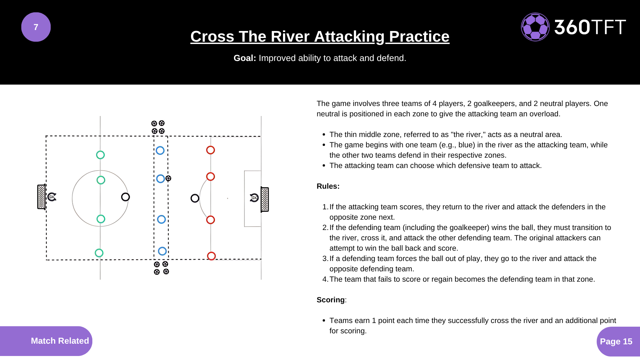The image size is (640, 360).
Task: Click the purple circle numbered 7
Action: (36, 27)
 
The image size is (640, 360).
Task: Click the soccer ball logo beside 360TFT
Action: (535, 27)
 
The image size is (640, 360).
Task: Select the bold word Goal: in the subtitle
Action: (245, 58)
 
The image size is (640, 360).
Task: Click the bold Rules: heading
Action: (328, 186)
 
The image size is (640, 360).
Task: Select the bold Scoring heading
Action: (330, 300)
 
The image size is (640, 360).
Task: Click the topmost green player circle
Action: (100, 155)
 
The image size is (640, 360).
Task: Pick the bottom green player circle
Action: (99, 253)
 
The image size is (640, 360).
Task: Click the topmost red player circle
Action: (210, 150)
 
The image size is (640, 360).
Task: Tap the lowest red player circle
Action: (211, 256)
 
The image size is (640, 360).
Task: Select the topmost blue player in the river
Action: (160, 150)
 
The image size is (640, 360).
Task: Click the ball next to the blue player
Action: (168, 179)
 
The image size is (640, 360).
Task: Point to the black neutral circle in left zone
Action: (125, 197)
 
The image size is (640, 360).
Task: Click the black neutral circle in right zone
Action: (195, 198)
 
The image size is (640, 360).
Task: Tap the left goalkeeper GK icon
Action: (52, 197)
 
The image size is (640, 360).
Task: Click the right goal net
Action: (265, 199)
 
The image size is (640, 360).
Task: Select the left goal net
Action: (41, 197)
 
